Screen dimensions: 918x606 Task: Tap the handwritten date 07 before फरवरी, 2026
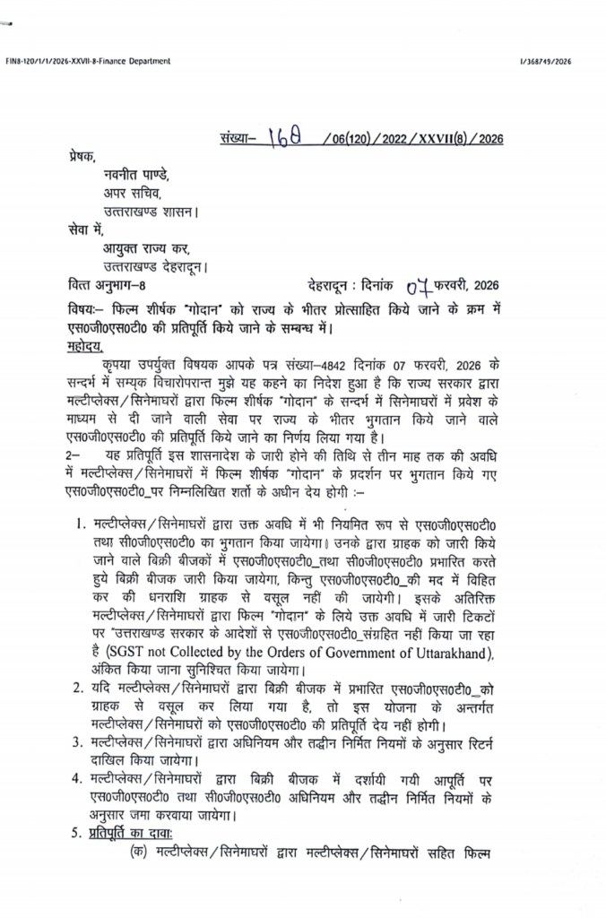tap(418, 287)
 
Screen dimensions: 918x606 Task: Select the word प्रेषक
tap(82, 156)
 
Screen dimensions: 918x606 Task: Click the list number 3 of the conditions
tap(78, 743)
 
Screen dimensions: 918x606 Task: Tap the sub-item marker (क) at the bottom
tap(139, 854)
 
